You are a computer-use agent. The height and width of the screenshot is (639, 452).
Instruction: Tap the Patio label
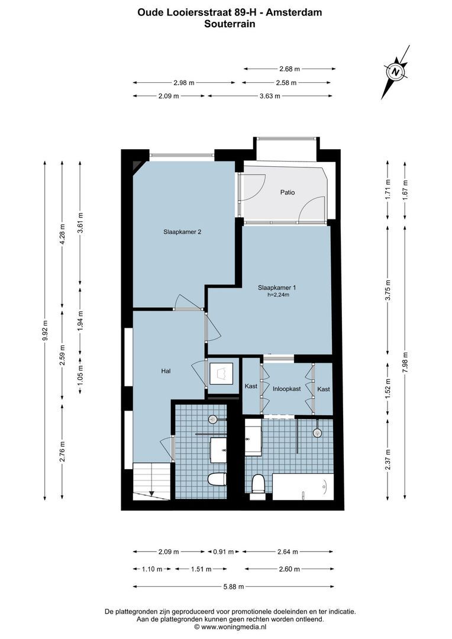(x=288, y=192)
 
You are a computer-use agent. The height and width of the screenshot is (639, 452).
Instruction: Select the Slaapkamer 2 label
(x=183, y=232)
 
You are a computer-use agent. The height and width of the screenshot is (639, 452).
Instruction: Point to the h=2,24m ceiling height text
(x=278, y=295)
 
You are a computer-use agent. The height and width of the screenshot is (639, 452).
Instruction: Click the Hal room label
(x=166, y=371)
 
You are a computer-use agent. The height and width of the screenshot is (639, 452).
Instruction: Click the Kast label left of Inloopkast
(x=251, y=388)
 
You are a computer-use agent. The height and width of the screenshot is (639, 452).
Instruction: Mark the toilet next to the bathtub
(x=258, y=485)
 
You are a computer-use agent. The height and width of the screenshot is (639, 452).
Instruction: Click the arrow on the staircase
(x=151, y=492)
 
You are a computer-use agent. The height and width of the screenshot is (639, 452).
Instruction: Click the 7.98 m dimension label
(x=405, y=366)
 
